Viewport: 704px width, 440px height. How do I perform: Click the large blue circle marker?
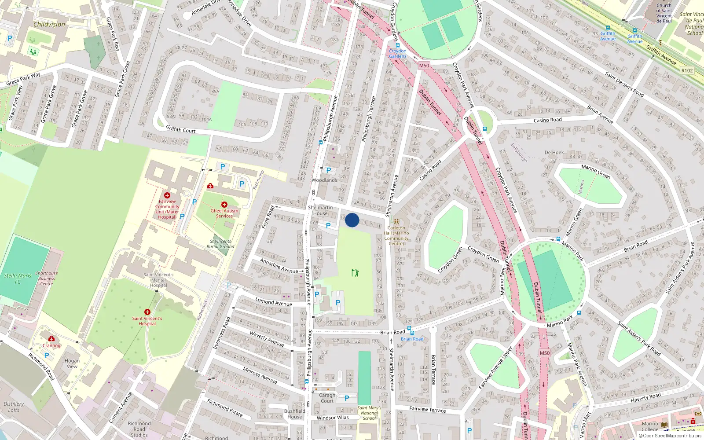352,220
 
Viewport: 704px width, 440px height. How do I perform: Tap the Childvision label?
49,24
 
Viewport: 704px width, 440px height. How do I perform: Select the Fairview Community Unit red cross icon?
167,195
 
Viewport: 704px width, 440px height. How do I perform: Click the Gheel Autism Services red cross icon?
224,205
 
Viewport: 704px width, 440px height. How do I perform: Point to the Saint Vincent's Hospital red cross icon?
147,312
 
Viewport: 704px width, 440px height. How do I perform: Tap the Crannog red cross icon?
51,338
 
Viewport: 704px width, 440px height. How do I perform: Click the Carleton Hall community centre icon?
396,222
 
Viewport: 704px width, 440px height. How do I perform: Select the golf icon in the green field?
355,273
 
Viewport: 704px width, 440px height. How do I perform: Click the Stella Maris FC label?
18,279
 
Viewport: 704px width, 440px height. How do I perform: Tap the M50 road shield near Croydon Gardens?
424,66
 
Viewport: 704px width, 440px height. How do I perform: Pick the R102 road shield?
687,70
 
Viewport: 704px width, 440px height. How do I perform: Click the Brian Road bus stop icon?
410,329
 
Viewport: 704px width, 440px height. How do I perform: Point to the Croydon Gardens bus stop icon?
398,45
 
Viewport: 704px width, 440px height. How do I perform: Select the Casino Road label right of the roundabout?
547,120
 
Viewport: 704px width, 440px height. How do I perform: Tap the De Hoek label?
554,153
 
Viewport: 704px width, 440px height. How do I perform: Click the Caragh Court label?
327,398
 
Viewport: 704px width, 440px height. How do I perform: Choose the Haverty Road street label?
645,398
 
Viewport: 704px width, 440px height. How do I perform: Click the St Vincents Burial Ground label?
220,244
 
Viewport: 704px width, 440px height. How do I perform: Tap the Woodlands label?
324,180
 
